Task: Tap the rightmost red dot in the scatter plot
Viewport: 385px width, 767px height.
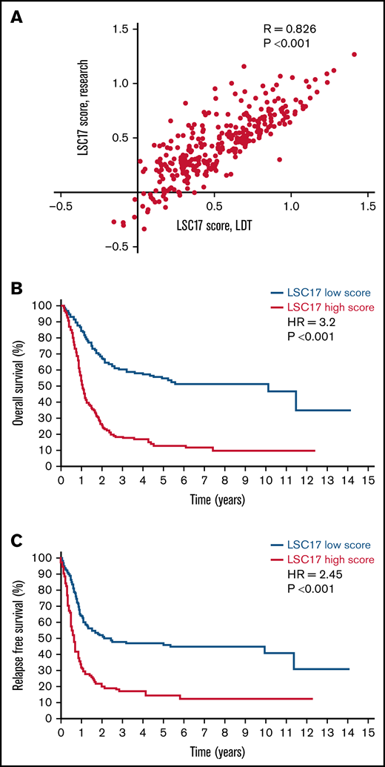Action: point(354,55)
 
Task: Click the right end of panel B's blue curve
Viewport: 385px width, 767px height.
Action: point(349,411)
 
